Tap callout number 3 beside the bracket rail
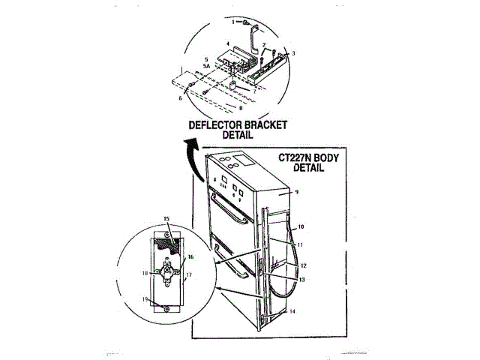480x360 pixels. pos(293,53)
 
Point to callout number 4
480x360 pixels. pos(228,45)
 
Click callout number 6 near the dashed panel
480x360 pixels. pos(181,97)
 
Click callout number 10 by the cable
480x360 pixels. pos(301,226)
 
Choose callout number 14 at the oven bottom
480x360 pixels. pos(292,310)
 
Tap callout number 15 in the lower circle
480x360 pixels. pos(166,219)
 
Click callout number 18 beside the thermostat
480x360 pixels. pos(143,273)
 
